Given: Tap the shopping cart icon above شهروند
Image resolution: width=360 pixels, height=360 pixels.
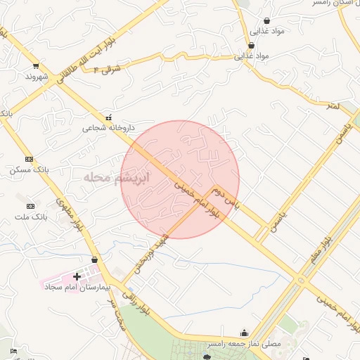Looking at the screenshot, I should click(x=36, y=65).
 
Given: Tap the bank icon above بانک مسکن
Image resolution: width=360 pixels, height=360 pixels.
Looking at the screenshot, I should click(x=29, y=160).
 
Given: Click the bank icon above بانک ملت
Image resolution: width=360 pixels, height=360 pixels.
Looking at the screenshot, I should click(x=30, y=206).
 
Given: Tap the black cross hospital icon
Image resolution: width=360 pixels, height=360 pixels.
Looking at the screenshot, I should click(x=77, y=277).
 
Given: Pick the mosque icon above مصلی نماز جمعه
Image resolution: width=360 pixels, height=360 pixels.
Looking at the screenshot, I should click(x=244, y=333).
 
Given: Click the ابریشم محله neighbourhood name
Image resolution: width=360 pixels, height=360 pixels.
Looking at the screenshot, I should click(x=116, y=177).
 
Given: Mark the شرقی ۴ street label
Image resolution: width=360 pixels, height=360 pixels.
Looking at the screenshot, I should click(x=106, y=69).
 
